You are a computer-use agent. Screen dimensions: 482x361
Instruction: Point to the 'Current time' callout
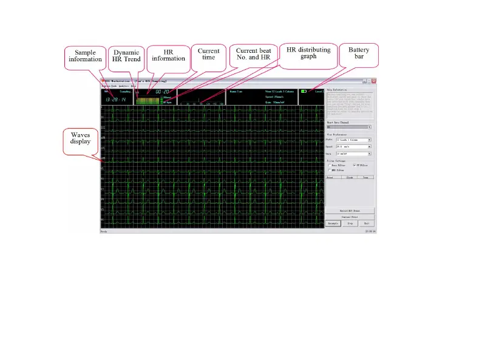pyautogui.click(x=208, y=55)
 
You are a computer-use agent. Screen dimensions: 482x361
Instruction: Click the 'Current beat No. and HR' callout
pyautogui.click(x=253, y=56)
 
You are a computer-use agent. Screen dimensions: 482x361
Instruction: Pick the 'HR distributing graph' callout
pyautogui.click(x=308, y=53)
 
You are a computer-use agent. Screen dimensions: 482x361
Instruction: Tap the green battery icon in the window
pyautogui.click(x=304, y=92)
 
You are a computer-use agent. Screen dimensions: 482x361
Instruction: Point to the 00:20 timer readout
pyautogui.click(x=163, y=92)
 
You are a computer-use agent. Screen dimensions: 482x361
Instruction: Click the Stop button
pyautogui.click(x=350, y=224)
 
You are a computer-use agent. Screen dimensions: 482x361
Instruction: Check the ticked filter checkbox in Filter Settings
pyautogui.click(x=354, y=165)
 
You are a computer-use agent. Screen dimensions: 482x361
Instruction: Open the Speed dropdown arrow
pyautogui.click(x=370, y=147)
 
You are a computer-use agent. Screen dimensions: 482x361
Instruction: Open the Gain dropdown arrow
pyautogui.click(x=370, y=154)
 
